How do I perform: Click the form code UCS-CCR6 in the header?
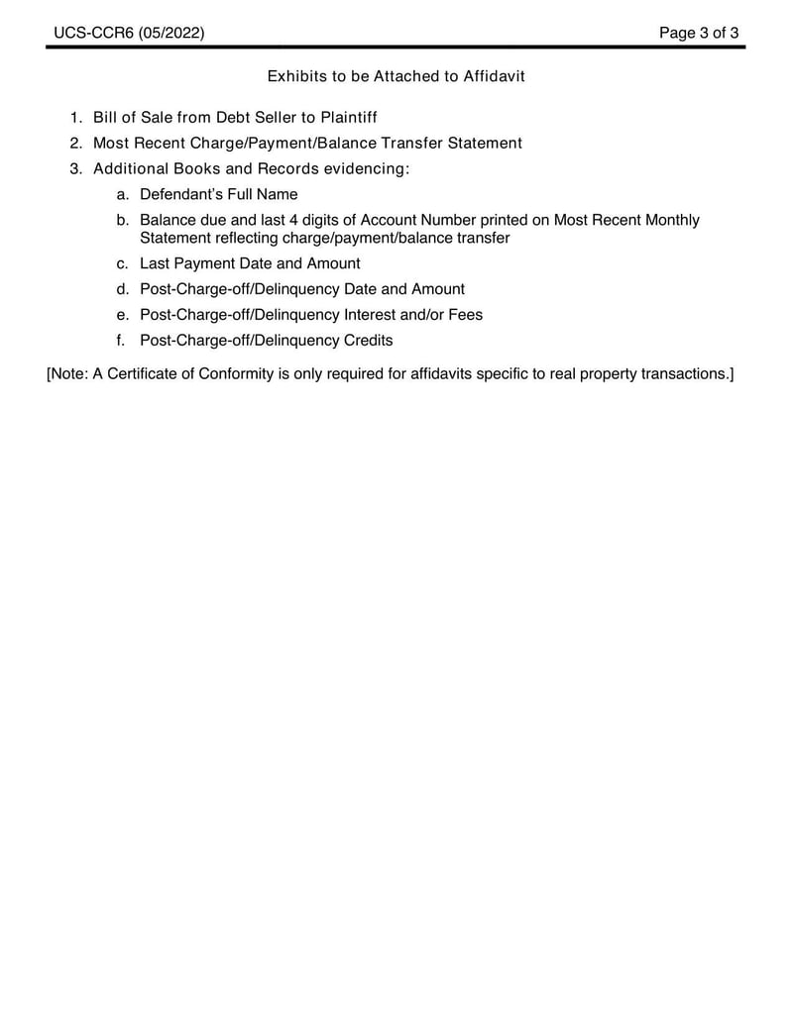coord(93,34)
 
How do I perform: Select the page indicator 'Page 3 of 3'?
coord(700,34)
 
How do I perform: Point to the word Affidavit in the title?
coord(492,76)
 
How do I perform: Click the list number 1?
coord(75,118)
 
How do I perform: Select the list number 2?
coord(75,144)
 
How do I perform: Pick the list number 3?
coord(75,169)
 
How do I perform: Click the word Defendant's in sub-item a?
coord(181,195)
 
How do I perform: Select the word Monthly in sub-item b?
coord(670,220)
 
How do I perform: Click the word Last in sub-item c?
coord(156,263)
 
